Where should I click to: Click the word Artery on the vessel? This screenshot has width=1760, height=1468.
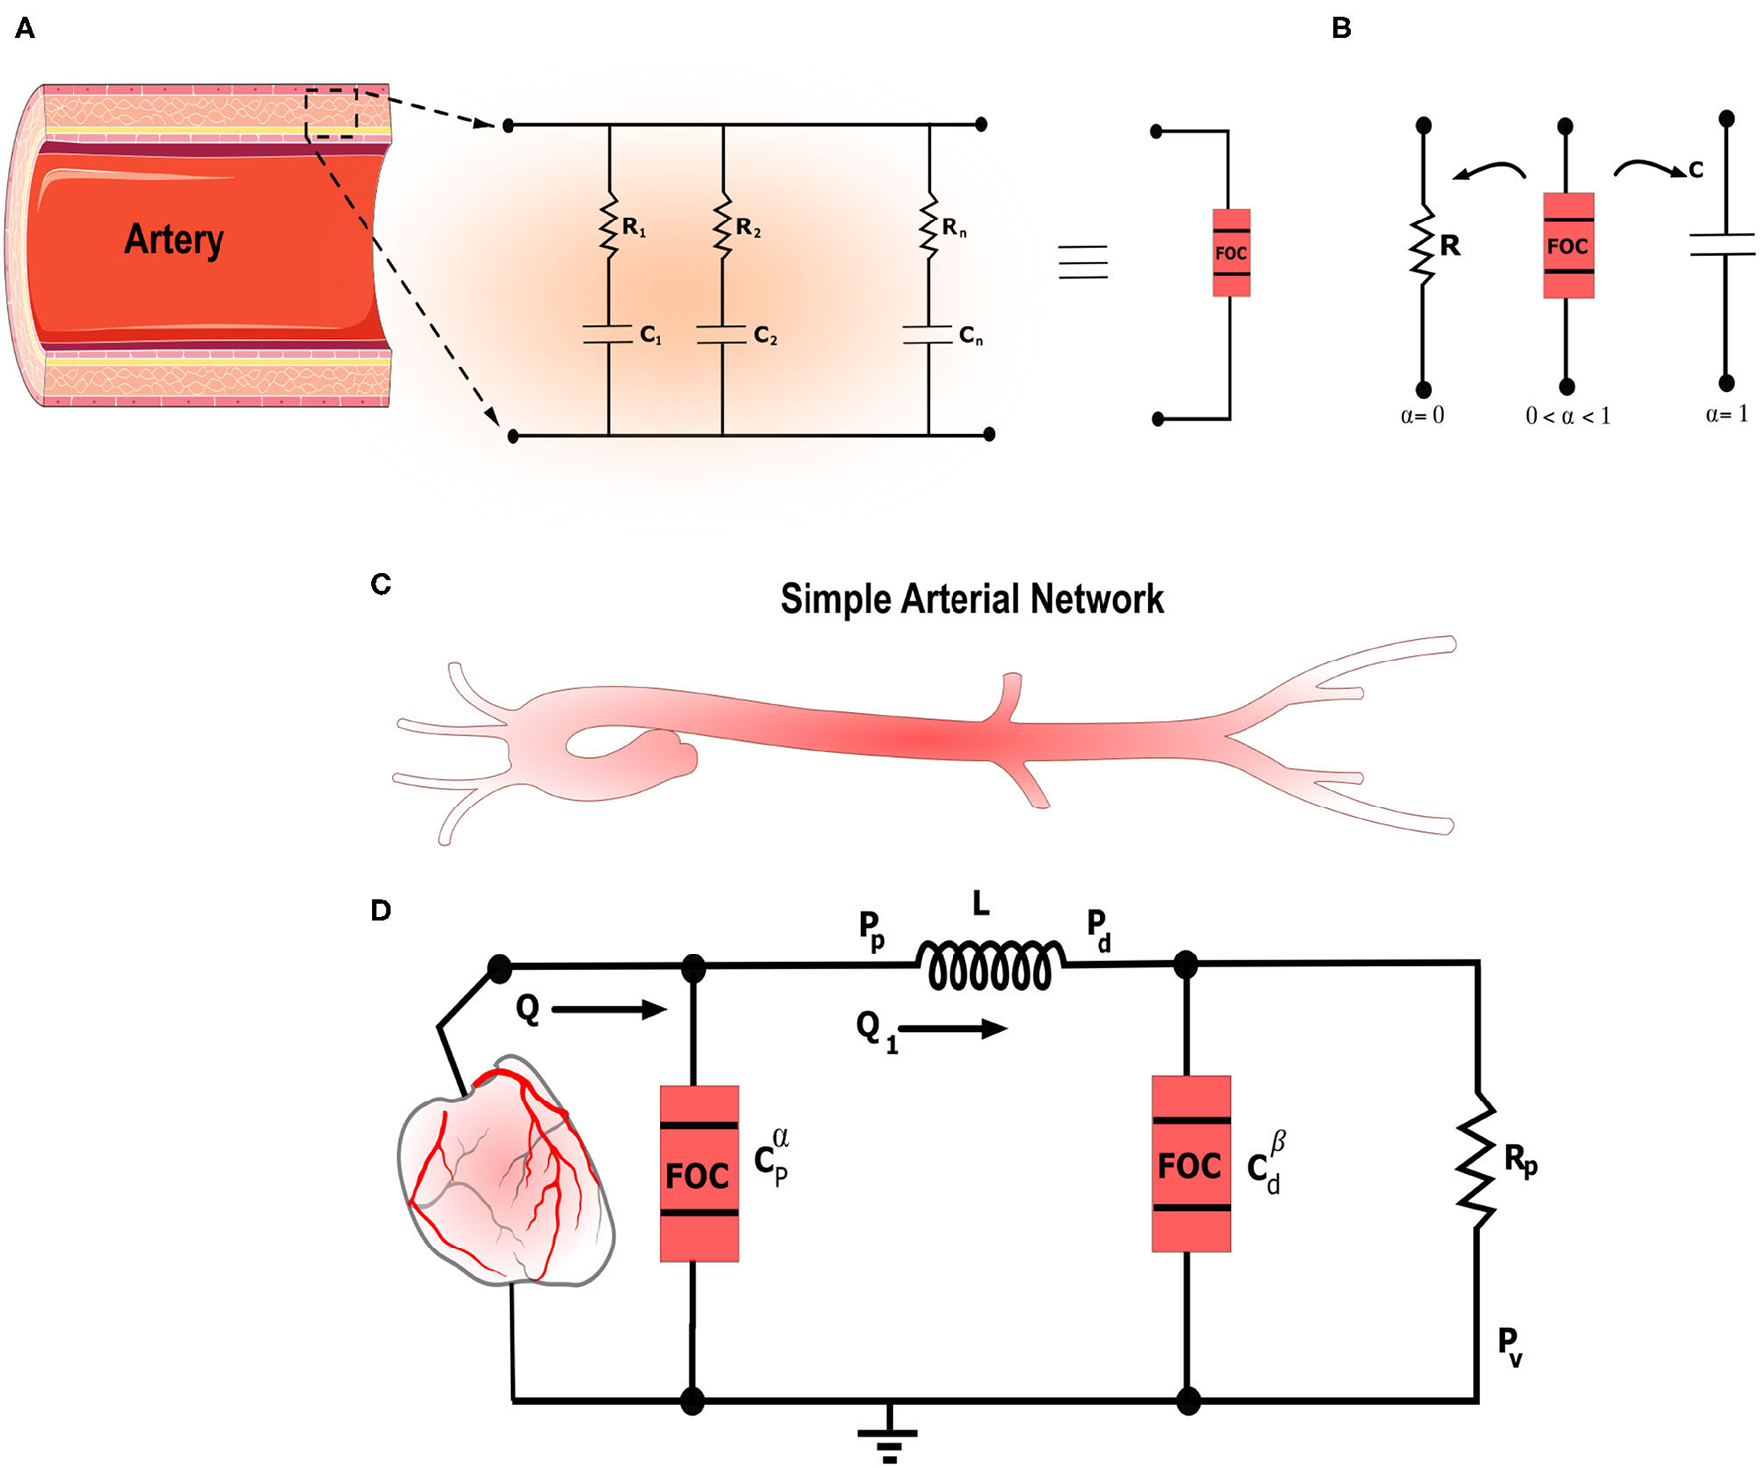(x=174, y=239)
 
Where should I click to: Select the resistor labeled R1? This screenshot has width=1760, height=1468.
(x=609, y=226)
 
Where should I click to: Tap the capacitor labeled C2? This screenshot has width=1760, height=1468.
(x=722, y=334)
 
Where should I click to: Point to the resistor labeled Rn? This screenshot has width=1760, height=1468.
(x=929, y=227)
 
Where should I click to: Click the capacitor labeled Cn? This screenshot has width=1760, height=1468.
(x=928, y=335)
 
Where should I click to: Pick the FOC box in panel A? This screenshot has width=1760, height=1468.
(x=1231, y=252)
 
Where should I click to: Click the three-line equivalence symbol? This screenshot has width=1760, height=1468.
(x=1083, y=262)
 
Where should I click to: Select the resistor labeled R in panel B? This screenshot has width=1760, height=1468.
(x=1424, y=245)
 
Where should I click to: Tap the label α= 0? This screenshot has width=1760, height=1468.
(x=1422, y=416)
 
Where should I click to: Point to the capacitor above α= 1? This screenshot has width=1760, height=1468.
(x=1726, y=245)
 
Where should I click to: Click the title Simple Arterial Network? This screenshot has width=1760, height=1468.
(x=970, y=599)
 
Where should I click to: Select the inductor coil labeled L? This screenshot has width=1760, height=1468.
(x=989, y=966)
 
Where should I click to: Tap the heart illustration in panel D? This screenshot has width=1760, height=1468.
(x=507, y=1172)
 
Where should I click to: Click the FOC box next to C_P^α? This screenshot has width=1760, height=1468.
(x=699, y=1173)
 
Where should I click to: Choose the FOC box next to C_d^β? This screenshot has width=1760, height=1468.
(x=1190, y=1164)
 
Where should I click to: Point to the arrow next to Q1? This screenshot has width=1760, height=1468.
(x=953, y=1029)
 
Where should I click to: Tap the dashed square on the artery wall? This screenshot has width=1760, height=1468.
(x=331, y=113)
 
